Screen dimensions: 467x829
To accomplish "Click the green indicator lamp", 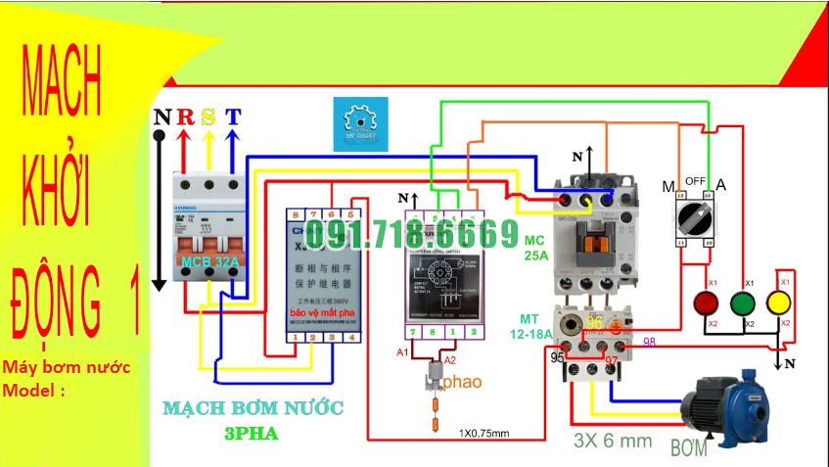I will tap(746, 303).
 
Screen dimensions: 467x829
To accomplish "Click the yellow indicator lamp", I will tap(780, 303).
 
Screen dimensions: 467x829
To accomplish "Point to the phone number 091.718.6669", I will tap(412, 234).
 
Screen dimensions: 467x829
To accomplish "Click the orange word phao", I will tap(463, 382).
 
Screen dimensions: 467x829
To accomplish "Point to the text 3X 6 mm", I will tap(613, 441).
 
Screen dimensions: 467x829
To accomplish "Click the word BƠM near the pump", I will tap(688, 449).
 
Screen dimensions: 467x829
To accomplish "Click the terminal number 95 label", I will tap(557, 358).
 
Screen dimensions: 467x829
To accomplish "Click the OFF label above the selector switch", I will tap(696, 181).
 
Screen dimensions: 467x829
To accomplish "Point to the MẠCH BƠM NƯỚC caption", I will tap(254, 407).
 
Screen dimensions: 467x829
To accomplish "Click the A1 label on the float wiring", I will tap(402, 350).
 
